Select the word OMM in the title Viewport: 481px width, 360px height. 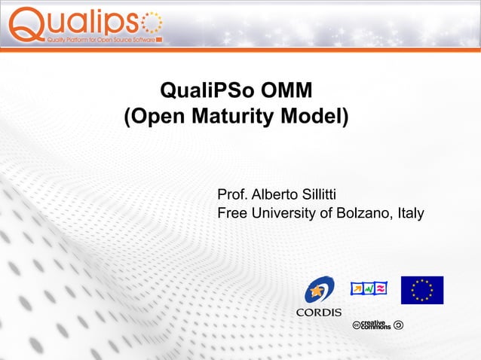[x=286, y=93]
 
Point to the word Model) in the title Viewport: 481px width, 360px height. [x=317, y=117]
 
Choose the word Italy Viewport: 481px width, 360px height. [x=410, y=214]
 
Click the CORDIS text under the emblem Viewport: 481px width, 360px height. [x=318, y=312]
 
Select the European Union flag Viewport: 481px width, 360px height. [x=422, y=290]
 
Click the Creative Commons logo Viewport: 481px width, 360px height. [x=378, y=325]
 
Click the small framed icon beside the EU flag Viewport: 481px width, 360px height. [x=369, y=288]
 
